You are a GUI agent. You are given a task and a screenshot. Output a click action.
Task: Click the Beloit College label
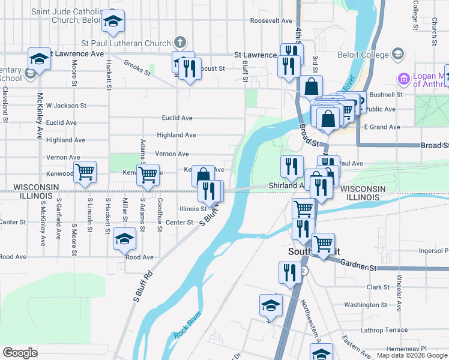pos(368,55)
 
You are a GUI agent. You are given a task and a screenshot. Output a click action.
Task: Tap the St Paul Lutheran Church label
pos(126,43)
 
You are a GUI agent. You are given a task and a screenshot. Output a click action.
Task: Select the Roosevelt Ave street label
pos(271,20)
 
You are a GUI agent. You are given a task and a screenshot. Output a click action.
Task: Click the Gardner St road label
pos(358,263)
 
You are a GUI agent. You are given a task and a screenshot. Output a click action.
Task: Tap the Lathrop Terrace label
pos(384,330)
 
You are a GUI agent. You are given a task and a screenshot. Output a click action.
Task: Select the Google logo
pos(20,353)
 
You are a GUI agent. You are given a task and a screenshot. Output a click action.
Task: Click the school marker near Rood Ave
pos(125,239)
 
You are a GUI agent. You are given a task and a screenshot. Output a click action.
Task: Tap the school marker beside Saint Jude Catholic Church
pos(112,21)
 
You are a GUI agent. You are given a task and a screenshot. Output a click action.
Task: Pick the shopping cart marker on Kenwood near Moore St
pos(85,172)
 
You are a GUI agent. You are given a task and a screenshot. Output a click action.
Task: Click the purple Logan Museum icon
pos(403,79)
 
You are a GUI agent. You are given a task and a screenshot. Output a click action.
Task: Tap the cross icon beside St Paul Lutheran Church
pos(179,43)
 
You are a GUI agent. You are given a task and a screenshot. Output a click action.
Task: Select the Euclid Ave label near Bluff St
pos(176,118)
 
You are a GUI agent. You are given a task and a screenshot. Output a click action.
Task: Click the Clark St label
pos(378,287)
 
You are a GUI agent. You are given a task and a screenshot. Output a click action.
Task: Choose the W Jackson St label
pos(66,106)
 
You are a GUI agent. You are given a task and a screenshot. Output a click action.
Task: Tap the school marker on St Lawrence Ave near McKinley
pos(39,60)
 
